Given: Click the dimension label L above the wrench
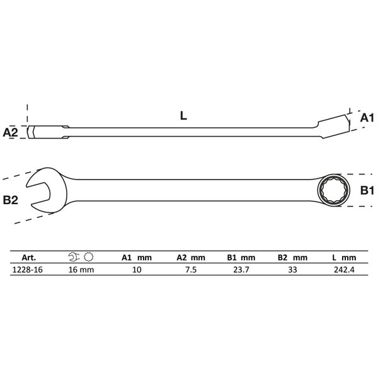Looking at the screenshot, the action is point(183,116).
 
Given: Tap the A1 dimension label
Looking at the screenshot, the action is point(367,118).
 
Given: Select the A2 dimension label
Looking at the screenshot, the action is point(10,132).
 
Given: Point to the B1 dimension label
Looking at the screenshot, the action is point(367,190).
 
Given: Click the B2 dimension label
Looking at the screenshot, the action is point(10,200).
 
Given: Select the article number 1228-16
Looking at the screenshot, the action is point(27,270).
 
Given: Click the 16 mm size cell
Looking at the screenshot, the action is point(81,270).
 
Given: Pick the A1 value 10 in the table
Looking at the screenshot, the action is point(137,270).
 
